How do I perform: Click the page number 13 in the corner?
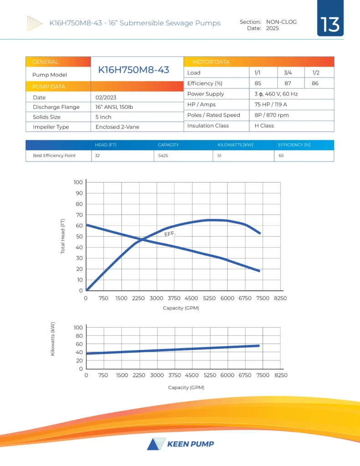330,24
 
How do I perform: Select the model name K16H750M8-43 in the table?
133,70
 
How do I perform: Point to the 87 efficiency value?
288,83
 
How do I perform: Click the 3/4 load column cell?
288,73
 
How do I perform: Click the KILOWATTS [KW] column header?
236,145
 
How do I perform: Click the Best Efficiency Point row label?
54,156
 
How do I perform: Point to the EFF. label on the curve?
170,234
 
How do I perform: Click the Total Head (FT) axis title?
63,237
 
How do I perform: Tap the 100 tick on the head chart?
78,182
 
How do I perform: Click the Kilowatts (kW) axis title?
53,339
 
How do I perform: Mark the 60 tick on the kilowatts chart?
79,344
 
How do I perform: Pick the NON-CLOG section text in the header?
281,22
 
